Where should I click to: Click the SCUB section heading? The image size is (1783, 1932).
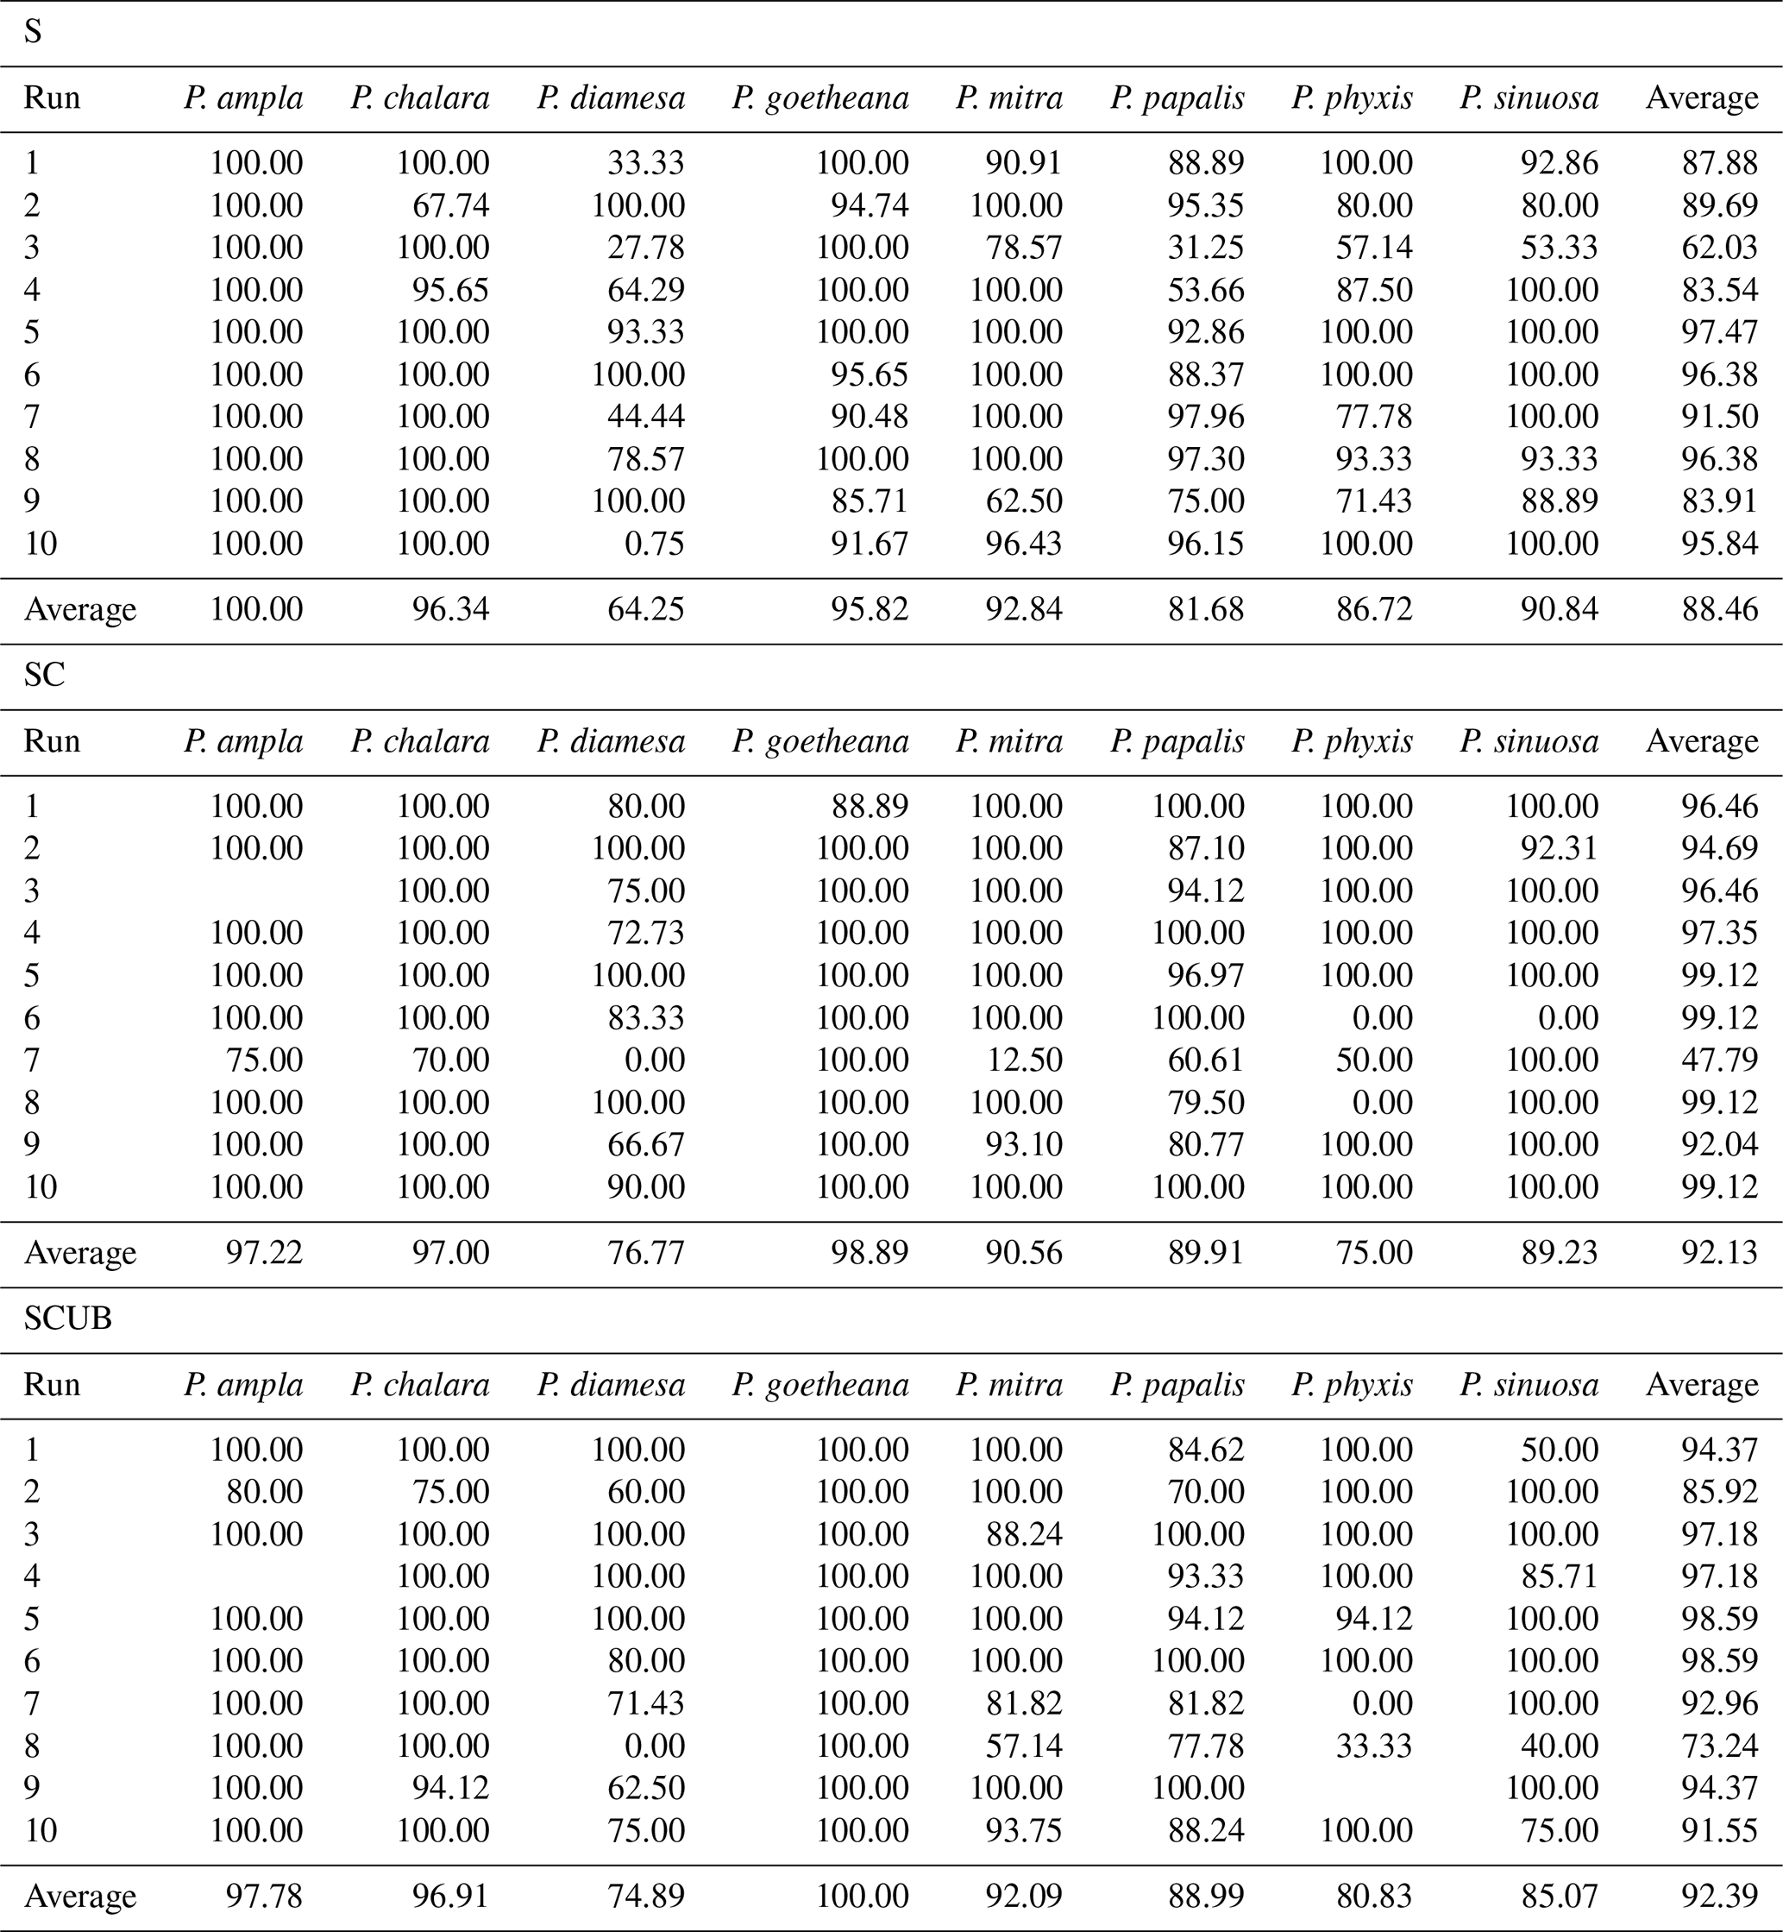pos(67,1318)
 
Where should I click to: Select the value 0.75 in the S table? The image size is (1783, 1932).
pos(652,544)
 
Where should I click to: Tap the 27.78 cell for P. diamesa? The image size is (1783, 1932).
pos(645,247)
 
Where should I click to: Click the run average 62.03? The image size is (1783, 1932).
pos(1719,247)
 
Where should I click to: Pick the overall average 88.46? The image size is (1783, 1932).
pos(1719,609)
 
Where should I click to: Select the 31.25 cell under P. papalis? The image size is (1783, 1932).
pos(1206,247)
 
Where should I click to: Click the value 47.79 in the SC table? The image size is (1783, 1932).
pos(1719,1060)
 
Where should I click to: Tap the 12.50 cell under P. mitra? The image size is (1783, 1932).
pos(1024,1060)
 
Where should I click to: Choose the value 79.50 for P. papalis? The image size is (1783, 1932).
pos(1206,1102)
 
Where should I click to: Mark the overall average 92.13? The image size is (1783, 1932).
pos(1719,1253)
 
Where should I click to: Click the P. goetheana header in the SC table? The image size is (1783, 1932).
pos(820,741)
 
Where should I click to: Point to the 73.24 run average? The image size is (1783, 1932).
pos(1719,1746)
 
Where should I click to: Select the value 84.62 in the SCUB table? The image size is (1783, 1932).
pos(1206,1450)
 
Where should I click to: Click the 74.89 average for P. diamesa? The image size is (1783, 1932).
pos(645,1897)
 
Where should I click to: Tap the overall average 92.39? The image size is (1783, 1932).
pos(1719,1897)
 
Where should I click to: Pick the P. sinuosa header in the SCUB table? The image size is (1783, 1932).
pos(1529,1385)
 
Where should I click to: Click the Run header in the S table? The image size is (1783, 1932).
pos(51,98)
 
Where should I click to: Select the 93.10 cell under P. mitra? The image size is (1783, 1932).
pos(1024,1143)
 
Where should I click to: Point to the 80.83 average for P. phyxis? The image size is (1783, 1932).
pos(1374,1897)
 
